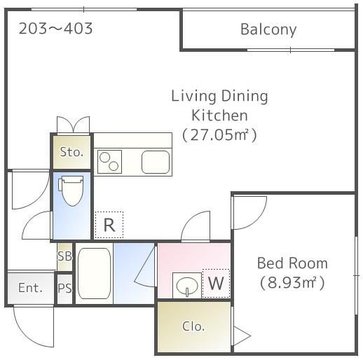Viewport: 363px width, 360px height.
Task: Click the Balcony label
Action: [268, 29]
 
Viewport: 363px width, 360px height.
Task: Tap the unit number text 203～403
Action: [55, 29]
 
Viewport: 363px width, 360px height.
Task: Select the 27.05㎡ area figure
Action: [219, 135]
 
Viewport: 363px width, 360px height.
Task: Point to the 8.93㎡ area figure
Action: [292, 282]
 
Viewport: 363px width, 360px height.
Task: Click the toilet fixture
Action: [71, 191]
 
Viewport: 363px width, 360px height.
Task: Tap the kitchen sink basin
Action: [156, 162]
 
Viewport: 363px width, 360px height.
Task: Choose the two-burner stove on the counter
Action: [109, 162]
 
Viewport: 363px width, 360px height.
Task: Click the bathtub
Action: [94, 273]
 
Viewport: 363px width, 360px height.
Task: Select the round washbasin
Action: [187, 286]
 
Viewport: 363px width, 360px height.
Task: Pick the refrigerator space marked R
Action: [109, 225]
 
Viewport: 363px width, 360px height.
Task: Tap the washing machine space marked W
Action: [216, 283]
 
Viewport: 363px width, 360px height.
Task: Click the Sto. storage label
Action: [71, 152]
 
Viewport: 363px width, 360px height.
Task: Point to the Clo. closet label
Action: [193, 326]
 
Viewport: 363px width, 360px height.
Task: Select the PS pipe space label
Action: [64, 288]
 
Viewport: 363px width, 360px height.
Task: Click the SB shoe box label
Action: [64, 256]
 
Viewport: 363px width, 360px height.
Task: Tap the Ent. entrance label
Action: [30, 288]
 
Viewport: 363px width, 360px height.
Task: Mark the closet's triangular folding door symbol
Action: [242, 336]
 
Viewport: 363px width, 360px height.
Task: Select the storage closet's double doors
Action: [73, 125]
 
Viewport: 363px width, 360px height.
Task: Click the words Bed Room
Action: [292, 263]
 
